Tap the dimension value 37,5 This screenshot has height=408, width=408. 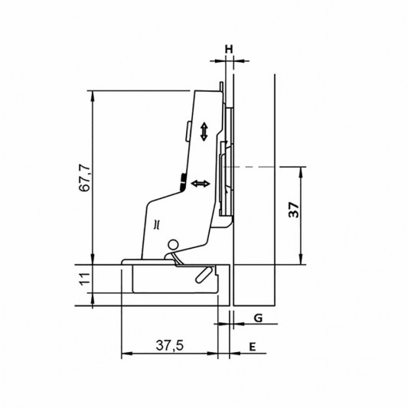pyautogui.click(x=170, y=345)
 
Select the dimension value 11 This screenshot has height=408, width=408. pyautogui.click(x=85, y=279)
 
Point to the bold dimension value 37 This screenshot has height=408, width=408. pyautogui.click(x=294, y=210)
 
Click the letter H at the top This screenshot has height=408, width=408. pyautogui.click(x=229, y=49)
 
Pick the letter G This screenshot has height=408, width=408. pyautogui.click(x=258, y=318)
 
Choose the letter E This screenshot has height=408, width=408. pyautogui.click(x=253, y=347)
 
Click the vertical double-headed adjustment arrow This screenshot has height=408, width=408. pyautogui.click(x=204, y=132)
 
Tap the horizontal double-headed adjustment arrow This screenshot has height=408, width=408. pyautogui.click(x=201, y=184)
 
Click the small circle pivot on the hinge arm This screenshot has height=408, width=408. pyautogui.click(x=172, y=245)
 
